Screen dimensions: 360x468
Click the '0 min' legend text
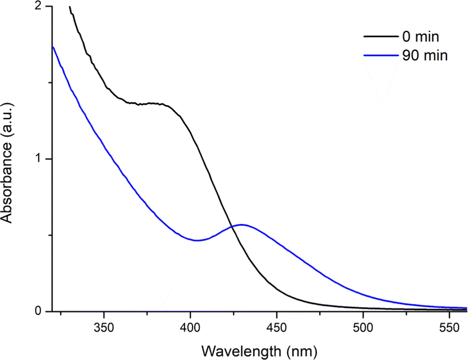point(420,37)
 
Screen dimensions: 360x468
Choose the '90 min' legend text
point(424,55)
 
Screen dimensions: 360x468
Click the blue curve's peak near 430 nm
point(241,224)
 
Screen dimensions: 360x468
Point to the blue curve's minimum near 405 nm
point(198,240)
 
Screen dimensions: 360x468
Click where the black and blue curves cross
point(231,227)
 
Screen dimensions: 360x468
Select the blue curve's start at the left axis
point(53,47)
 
